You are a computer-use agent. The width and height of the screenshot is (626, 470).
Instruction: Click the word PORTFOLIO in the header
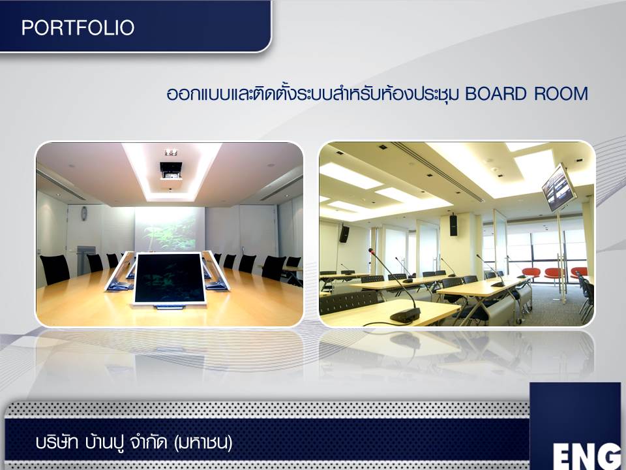point(78,27)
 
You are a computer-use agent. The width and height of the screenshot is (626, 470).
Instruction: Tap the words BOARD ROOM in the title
point(527,94)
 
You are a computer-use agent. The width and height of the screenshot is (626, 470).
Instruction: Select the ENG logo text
point(587,456)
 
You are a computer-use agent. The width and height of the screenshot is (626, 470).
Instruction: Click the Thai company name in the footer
point(134,443)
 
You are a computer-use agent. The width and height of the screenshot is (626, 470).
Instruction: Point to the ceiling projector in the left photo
point(171,170)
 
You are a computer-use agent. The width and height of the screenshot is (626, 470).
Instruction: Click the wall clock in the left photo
point(84,213)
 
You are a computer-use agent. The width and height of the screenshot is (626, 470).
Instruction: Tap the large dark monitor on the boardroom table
point(170,279)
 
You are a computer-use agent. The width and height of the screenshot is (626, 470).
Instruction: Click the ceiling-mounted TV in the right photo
point(559,187)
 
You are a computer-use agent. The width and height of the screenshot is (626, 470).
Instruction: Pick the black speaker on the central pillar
point(454,225)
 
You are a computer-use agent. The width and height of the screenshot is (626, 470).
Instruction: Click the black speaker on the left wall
point(344,234)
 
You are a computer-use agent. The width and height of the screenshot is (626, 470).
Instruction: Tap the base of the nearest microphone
point(405,316)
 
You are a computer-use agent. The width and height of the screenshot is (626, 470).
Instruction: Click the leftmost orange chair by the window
point(531,273)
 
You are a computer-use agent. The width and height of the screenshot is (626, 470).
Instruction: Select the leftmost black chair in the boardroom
point(55,270)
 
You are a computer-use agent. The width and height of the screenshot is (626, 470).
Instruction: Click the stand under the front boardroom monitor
point(170,307)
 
